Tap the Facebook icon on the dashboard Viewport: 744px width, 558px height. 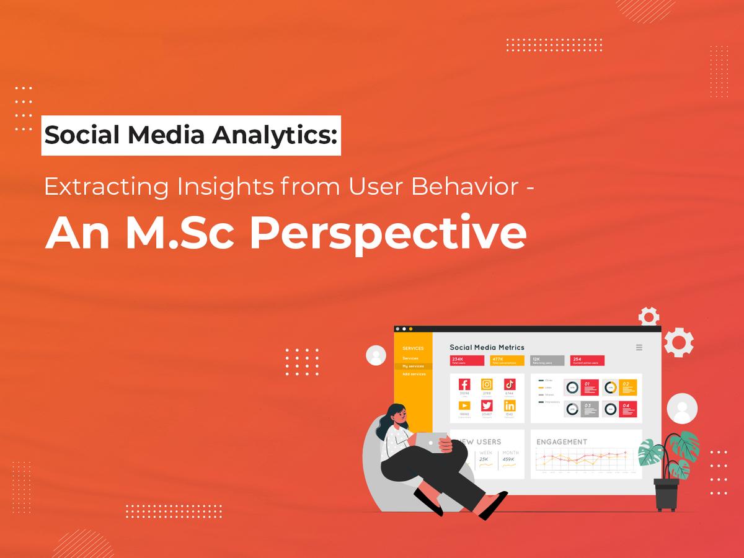(x=464, y=384)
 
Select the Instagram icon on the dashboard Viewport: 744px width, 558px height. (x=487, y=384)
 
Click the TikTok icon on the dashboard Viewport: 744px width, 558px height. (x=509, y=384)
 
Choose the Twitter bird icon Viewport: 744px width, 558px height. (x=487, y=405)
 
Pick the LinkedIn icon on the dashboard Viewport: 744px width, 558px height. (x=509, y=405)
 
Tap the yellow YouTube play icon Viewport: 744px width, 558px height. (x=464, y=405)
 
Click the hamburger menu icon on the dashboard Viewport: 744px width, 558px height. (x=639, y=347)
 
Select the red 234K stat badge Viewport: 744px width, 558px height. (x=467, y=360)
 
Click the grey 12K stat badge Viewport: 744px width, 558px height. (x=547, y=360)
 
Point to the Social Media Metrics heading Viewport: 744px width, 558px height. (x=487, y=347)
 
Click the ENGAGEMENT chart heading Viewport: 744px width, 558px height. (x=561, y=442)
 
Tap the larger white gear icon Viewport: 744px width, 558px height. (x=678, y=342)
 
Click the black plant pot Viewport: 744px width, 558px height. (x=666, y=494)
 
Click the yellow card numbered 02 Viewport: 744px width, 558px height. (x=627, y=387)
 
